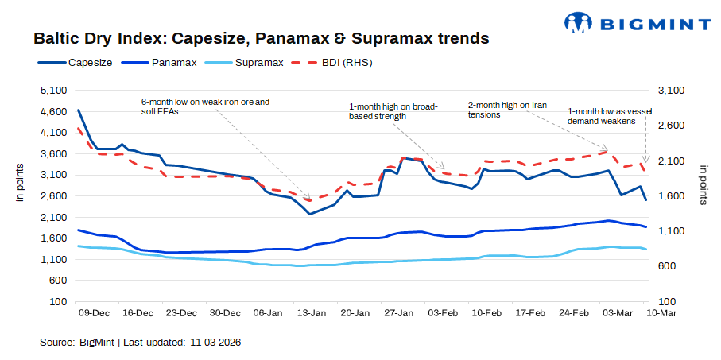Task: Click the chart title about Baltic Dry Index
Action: pyautogui.click(x=261, y=38)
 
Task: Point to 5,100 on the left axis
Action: pyautogui.click(x=52, y=91)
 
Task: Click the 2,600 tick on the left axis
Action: pyautogui.click(x=52, y=195)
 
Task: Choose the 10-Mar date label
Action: pyautogui.click(x=660, y=314)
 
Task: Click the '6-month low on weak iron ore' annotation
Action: pyautogui.click(x=205, y=106)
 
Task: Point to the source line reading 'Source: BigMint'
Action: pyautogui.click(x=140, y=343)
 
